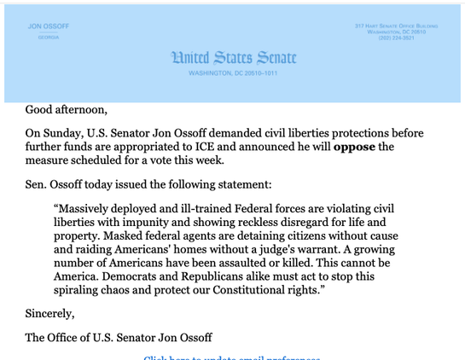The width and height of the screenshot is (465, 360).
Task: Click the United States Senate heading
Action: point(233,58)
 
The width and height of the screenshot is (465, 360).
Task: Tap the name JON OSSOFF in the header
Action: point(49,26)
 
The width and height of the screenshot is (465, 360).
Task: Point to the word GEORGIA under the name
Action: point(49,38)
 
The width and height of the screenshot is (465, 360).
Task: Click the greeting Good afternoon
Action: point(67,109)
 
